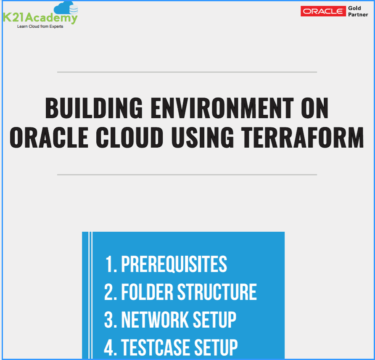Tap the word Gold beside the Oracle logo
[x=354, y=8]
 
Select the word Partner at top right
[x=358, y=15]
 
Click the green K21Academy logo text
[x=40, y=18]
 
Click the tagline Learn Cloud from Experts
[x=40, y=26]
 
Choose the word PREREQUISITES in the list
[x=174, y=265]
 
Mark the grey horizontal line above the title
[x=187, y=72]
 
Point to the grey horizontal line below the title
[x=187, y=174]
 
